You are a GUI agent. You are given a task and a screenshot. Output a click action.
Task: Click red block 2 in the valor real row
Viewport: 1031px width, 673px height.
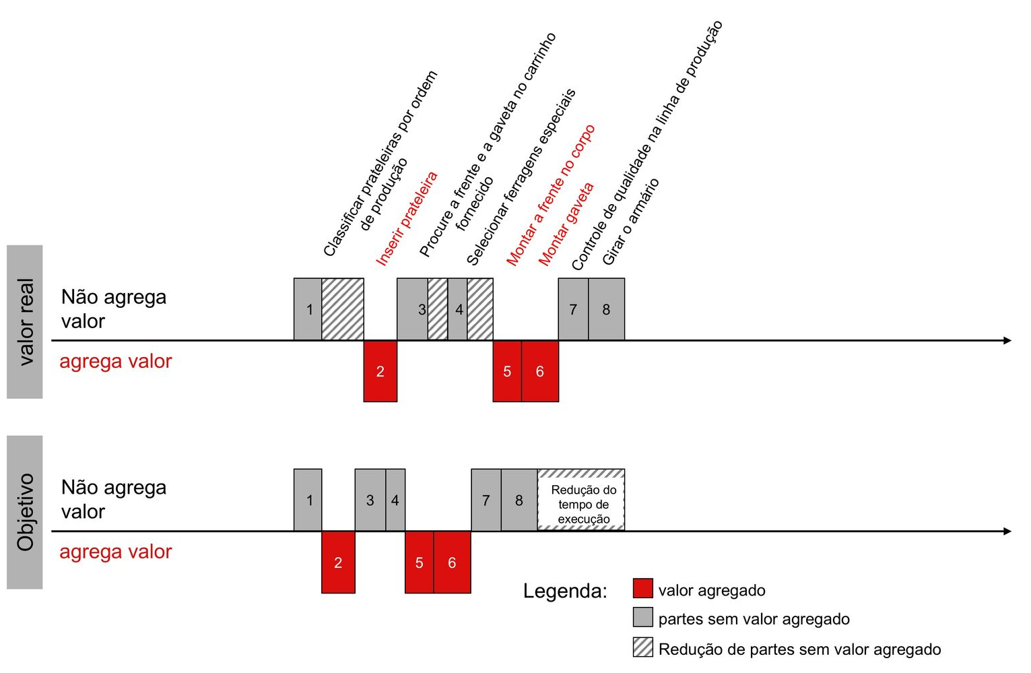380,371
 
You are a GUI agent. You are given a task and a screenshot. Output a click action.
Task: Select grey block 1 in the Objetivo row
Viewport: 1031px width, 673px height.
308,500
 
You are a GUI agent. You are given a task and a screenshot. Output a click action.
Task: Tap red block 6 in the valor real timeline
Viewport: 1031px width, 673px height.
540,371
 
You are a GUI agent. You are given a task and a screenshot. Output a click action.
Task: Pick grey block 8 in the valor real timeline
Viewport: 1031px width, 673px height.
606,309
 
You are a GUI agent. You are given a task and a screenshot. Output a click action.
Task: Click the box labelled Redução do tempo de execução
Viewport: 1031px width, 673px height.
581,500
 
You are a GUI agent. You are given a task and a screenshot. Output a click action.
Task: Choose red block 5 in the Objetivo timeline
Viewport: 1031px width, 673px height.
420,562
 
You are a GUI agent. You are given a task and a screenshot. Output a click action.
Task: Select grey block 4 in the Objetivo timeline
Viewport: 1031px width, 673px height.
395,500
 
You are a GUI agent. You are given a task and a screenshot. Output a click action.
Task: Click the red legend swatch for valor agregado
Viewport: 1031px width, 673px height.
642,588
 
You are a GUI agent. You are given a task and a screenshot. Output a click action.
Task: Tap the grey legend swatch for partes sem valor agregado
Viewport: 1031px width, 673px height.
642,617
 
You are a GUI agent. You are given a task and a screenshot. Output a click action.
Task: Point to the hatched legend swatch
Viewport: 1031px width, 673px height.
642,647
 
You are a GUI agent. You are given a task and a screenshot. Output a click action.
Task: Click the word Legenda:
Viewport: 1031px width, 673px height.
565,591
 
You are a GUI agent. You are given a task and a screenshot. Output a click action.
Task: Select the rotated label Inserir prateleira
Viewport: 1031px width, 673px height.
407,219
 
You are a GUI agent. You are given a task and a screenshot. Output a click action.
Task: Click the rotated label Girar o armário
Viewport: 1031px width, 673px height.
630,222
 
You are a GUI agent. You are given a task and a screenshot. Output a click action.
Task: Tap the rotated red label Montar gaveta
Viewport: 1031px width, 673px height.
566,224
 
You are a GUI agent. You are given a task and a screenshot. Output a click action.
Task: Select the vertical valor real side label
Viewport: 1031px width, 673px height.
25,322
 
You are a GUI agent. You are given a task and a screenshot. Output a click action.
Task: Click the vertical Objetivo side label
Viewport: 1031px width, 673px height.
25,513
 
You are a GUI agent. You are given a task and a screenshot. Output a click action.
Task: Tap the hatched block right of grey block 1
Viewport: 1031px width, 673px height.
343,309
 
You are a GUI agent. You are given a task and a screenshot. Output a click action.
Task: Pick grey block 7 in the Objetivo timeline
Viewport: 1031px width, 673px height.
486,500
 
